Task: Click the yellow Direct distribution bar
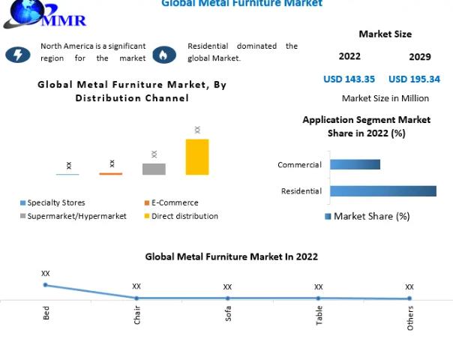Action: tap(197, 157)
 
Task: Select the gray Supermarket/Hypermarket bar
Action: tap(154, 169)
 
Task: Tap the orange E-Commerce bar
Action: tap(111, 173)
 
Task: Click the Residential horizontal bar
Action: tap(382, 191)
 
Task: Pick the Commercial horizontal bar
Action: tap(355, 164)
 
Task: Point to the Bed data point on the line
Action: tap(46, 285)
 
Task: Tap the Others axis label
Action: tap(410, 317)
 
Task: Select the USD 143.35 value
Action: tap(349, 79)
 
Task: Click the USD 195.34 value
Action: tap(414, 79)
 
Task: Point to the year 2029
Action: tap(419, 57)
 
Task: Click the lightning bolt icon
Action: tap(17, 54)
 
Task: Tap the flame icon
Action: tap(163, 54)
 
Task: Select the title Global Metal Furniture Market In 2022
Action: tap(231, 256)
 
